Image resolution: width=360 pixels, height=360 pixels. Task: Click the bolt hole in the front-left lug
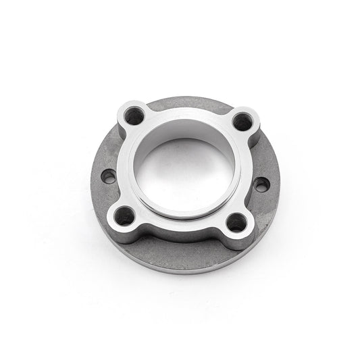pos(124,217)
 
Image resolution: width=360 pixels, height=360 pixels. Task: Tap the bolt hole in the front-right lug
pos(236,222)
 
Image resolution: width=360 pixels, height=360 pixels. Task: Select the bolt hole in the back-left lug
pos(134,116)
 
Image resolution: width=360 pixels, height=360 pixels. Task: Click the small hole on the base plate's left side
pos(108,177)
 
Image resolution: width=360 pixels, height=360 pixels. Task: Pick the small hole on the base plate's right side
pos(261,184)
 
